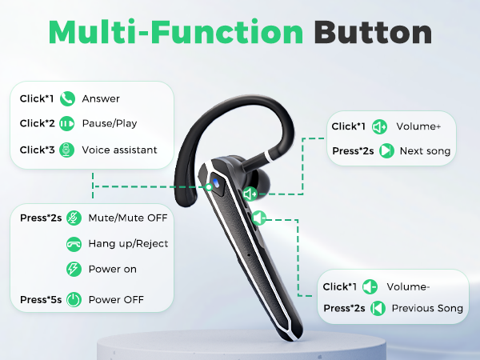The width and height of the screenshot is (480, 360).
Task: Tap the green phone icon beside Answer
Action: (x=67, y=99)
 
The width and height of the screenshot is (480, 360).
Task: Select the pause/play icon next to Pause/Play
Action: (x=67, y=124)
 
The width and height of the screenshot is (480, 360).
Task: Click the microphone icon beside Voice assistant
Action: (x=67, y=150)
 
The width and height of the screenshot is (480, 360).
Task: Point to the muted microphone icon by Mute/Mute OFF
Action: (x=73, y=217)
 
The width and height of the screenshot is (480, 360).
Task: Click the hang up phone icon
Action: (x=73, y=243)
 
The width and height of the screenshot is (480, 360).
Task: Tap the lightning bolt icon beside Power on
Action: (x=73, y=269)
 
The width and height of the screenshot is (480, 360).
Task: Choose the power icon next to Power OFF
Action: (x=73, y=301)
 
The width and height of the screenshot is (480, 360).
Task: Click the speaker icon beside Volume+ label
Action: (x=380, y=126)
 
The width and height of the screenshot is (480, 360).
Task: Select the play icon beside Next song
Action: (x=386, y=150)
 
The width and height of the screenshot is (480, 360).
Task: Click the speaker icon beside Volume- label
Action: (x=370, y=286)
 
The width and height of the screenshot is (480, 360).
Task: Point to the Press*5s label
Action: (x=40, y=301)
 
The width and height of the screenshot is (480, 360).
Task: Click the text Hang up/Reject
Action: (x=129, y=243)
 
